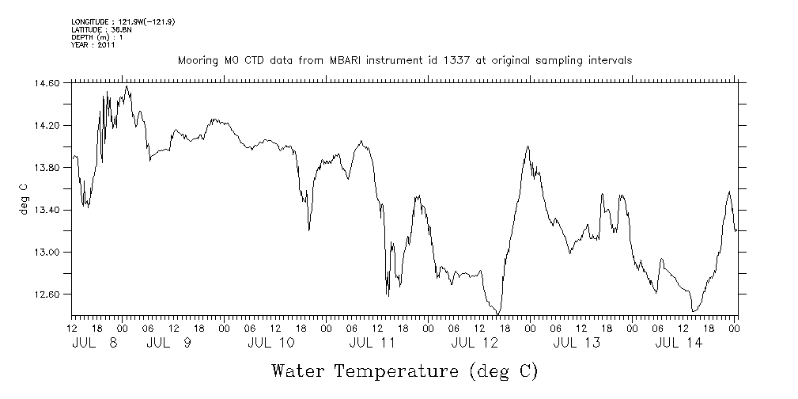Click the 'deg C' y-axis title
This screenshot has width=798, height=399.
[x=23, y=198]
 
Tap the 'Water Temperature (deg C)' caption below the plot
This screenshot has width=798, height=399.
[x=404, y=370]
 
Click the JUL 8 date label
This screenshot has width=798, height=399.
[x=93, y=343]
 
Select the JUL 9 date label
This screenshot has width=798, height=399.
[x=169, y=343]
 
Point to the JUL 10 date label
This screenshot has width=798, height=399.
[x=270, y=343]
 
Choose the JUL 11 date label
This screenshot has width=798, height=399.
[x=373, y=343]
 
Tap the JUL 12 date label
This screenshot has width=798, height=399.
[x=475, y=343]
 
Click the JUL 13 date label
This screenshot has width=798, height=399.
[x=577, y=343]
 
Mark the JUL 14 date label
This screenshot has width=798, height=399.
[x=679, y=343]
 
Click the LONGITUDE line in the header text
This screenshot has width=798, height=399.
[x=123, y=21]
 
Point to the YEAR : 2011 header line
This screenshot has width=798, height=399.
[x=93, y=45]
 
